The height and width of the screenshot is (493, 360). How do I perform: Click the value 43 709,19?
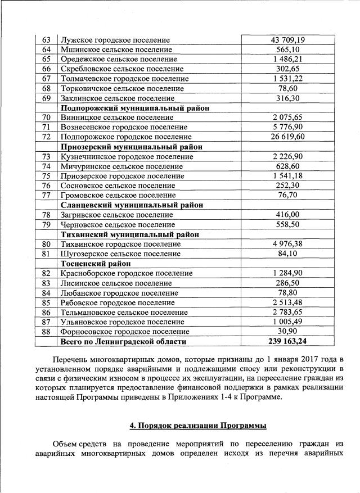tap(288, 40)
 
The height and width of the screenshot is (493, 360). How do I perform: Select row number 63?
tap(47, 40)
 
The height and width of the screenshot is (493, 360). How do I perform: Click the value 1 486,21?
tap(288, 60)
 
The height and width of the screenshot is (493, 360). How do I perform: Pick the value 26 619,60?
tap(288, 137)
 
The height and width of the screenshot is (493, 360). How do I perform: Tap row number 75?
tap(47, 176)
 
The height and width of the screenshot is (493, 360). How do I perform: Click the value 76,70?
tap(288, 195)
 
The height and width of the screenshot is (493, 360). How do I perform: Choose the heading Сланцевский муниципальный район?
tap(132, 205)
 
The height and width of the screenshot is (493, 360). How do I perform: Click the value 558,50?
tap(288, 224)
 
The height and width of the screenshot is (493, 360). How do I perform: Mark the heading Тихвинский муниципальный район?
tap(129, 234)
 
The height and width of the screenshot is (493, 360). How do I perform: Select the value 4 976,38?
tap(288, 244)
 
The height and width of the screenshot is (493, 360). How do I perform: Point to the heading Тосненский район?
tap(96, 263)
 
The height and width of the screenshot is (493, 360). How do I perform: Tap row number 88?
tap(47, 332)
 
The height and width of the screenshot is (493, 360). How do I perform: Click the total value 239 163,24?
tap(288, 341)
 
